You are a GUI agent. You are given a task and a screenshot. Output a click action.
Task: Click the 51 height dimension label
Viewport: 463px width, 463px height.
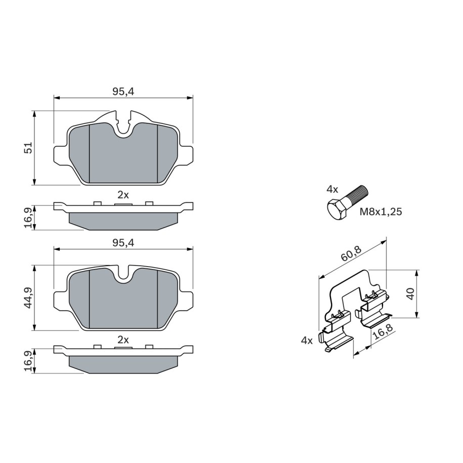tap(29, 148)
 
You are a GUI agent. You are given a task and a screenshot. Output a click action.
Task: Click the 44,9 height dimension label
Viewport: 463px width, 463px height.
tap(29, 298)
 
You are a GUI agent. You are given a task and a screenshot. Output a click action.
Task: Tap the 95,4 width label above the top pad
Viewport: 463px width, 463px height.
tap(123, 92)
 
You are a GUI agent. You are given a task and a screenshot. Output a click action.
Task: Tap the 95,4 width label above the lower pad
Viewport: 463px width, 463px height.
tap(123, 243)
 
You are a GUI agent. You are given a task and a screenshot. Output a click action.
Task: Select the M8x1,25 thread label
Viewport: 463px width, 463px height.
tap(381, 212)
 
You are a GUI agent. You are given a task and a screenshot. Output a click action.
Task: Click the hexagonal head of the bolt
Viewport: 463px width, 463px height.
tap(338, 209)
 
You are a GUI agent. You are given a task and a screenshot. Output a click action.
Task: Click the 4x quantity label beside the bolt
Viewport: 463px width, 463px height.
tap(332, 189)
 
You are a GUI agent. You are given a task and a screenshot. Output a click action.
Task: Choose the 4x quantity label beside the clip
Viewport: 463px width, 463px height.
tap(307, 341)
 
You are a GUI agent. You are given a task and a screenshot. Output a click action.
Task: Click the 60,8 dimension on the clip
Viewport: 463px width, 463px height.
tap(351, 253)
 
